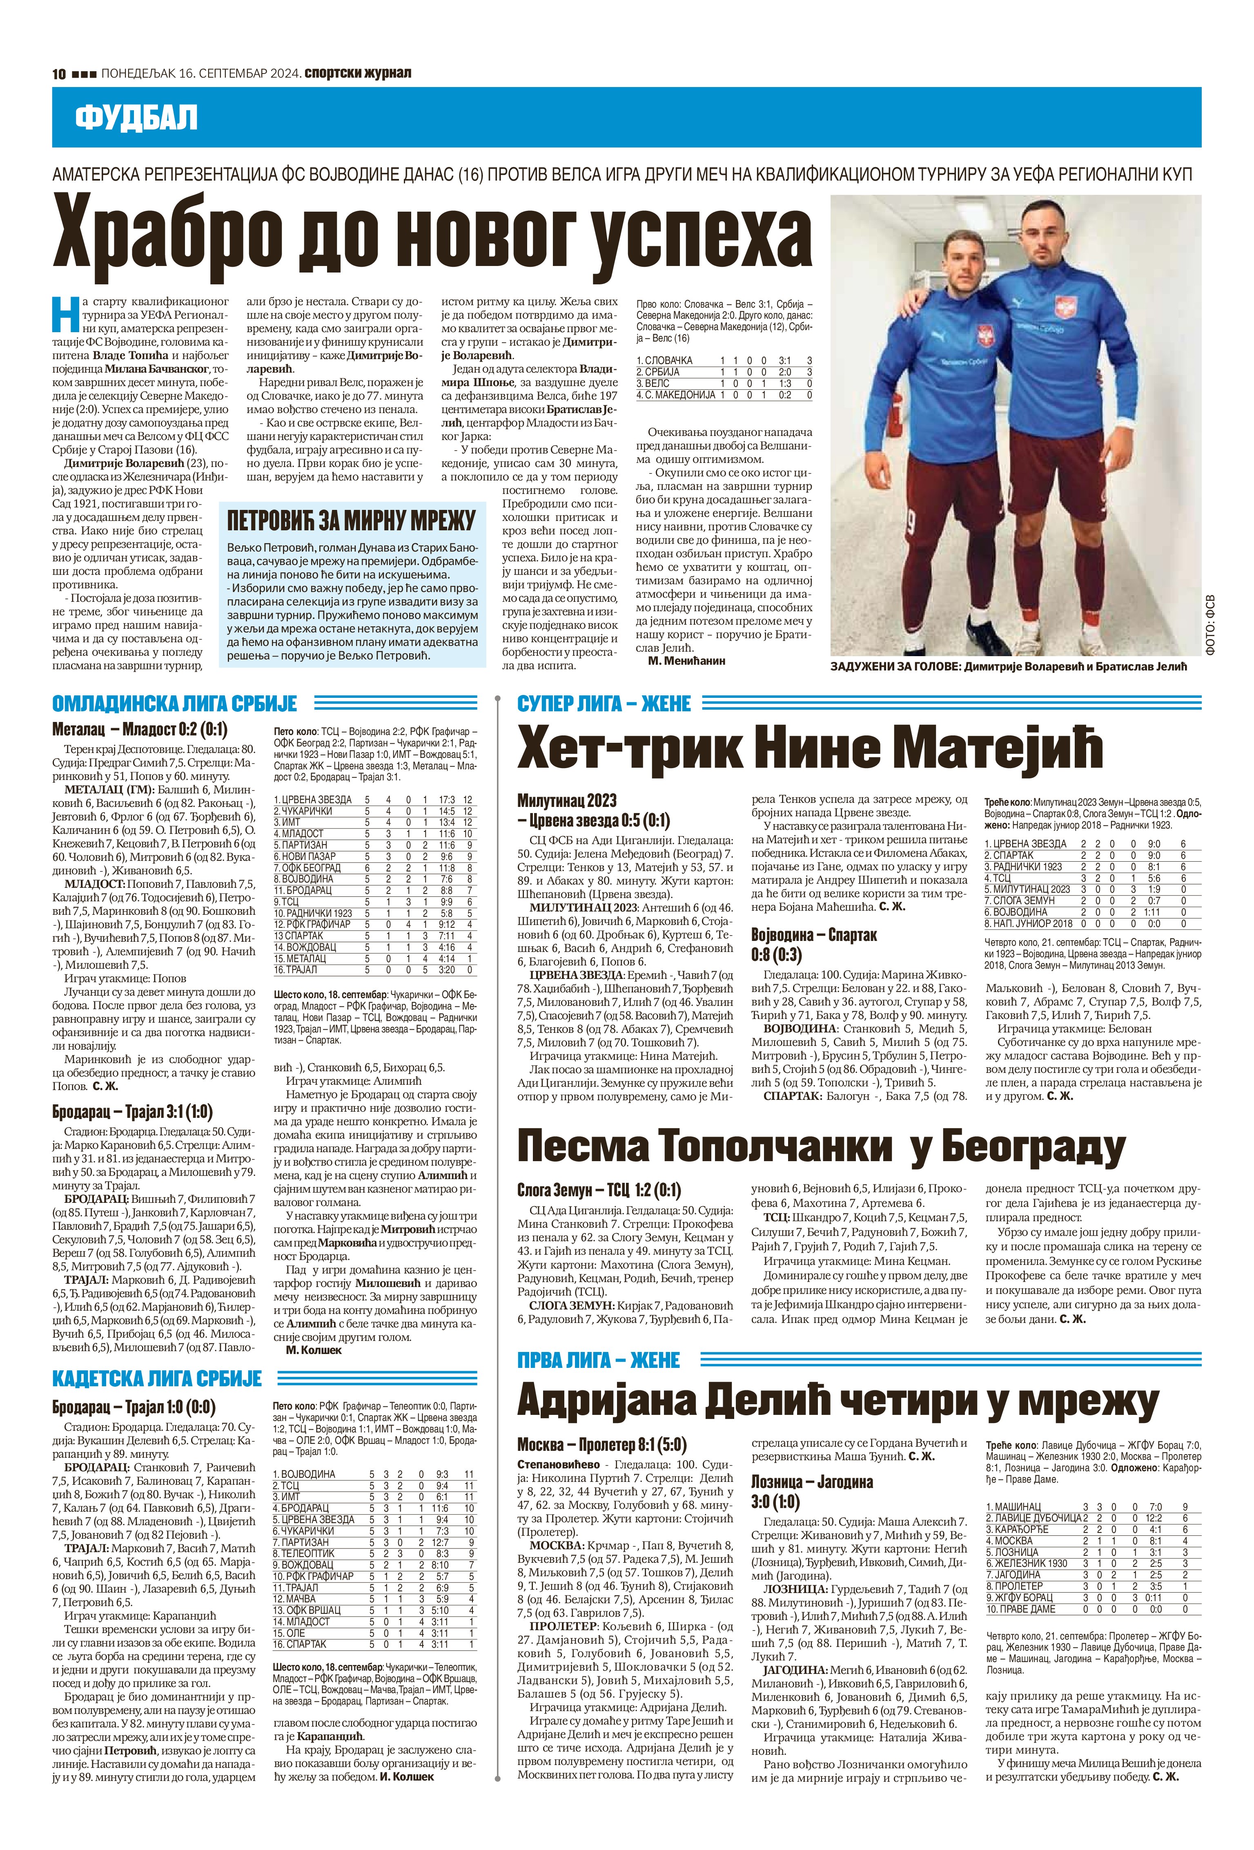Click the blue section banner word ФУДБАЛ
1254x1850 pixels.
[x=136, y=118]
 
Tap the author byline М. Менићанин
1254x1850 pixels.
[x=687, y=660]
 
